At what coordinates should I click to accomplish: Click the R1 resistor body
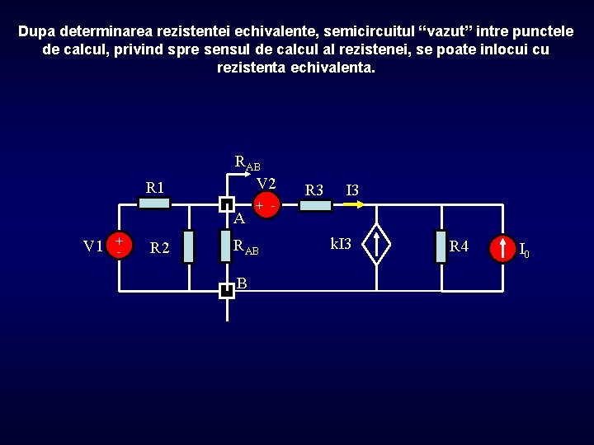153,204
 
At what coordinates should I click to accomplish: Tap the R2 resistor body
188,246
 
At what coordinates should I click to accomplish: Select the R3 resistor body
315,205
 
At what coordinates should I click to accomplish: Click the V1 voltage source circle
120,245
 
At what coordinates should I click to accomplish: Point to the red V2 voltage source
266,205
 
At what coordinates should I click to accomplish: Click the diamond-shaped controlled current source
377,244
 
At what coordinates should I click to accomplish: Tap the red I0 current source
502,247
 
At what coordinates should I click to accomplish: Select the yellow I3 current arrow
351,205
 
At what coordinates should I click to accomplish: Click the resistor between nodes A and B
225,246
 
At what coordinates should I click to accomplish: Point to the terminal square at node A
226,204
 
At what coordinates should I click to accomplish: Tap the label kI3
341,244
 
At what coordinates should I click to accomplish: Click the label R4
459,246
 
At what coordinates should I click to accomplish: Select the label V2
266,183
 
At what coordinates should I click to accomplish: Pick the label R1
155,187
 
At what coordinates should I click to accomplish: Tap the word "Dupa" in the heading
37,31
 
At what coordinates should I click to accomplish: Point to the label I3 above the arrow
352,191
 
